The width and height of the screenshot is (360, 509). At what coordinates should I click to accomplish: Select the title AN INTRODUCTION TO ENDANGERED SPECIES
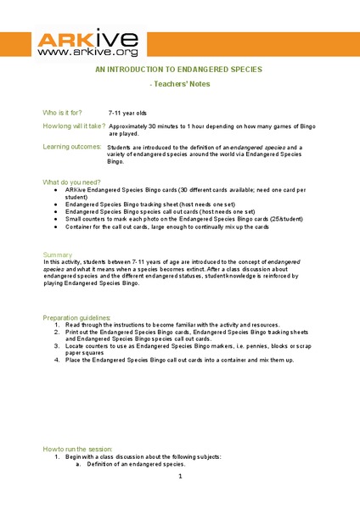click(180, 70)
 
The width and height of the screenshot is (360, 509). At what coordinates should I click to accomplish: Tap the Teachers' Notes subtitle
click(180, 86)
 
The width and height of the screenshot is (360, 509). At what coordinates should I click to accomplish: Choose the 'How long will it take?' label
click(74, 126)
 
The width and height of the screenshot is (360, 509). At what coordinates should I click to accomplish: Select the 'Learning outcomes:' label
click(72, 147)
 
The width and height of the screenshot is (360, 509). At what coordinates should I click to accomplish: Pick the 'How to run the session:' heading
click(77, 449)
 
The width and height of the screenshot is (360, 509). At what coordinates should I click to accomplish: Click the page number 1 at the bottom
click(180, 477)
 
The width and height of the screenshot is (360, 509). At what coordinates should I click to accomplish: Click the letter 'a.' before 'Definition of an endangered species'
click(78, 464)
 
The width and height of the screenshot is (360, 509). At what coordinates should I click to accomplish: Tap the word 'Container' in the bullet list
click(79, 227)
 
